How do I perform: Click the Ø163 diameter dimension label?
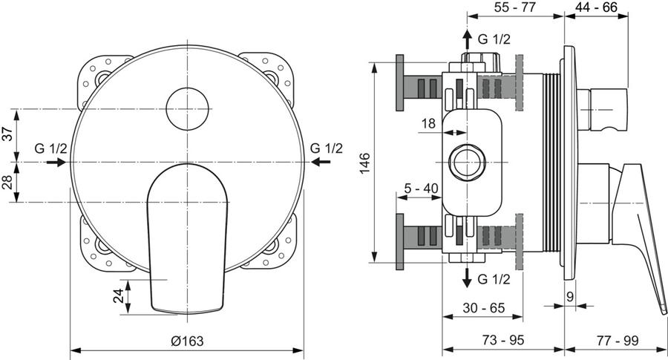187,341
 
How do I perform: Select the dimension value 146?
365,163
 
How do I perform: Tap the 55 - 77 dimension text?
514,7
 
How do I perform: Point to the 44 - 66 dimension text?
597,7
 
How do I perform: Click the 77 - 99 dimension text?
618,341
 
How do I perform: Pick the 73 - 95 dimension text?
503,340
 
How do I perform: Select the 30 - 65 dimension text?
483,307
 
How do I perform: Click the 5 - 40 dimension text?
421,188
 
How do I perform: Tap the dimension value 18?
428,123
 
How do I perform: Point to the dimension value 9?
570,296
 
